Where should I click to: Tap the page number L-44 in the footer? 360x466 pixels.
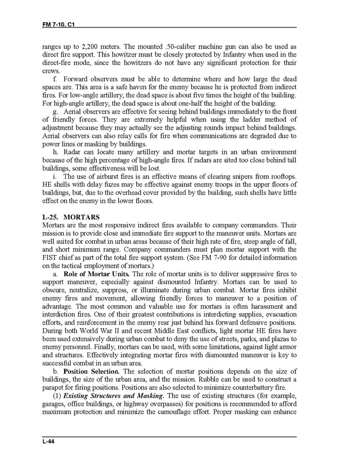(x=49, y=441)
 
